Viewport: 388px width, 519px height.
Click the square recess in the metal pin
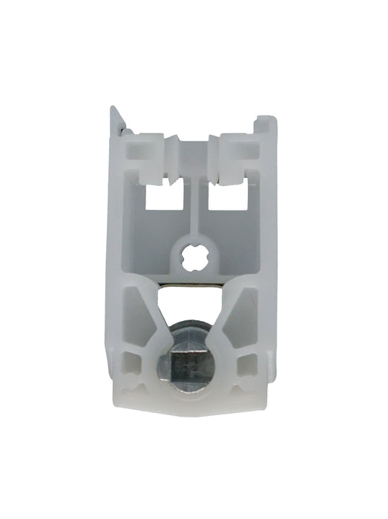click(x=192, y=365)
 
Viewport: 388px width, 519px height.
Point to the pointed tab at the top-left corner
click(x=115, y=119)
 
